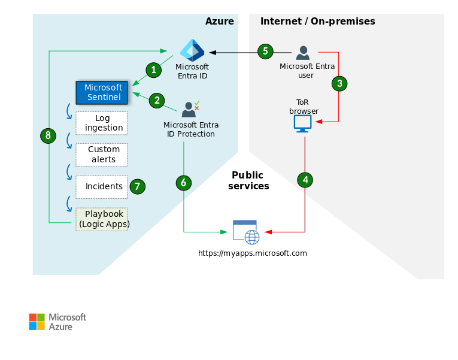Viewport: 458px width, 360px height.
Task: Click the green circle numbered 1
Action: tap(154, 70)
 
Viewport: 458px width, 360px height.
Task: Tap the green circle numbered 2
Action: tap(157, 100)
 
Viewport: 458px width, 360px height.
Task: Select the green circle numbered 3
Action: tap(339, 83)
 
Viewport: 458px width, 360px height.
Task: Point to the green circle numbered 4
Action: tap(305, 180)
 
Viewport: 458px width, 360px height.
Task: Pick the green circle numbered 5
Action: tap(266, 52)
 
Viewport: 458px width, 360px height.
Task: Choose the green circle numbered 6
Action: tap(184, 183)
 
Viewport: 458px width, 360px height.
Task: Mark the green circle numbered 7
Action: tap(137, 186)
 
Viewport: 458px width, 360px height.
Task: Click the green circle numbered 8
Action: tap(48, 135)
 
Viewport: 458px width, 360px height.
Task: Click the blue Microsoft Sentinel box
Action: tap(102, 92)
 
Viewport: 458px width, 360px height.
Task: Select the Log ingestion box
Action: tap(102, 123)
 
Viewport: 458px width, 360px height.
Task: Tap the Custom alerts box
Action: tap(102, 154)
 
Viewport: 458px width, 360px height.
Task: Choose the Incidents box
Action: tap(102, 186)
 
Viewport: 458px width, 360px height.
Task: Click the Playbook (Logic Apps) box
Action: tap(102, 219)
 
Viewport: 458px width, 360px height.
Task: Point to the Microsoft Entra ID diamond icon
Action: tap(192, 50)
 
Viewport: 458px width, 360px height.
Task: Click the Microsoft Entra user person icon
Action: tap(303, 53)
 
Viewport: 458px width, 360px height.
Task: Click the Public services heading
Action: tap(248, 181)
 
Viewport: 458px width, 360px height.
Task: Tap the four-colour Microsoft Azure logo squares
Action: tap(37, 322)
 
